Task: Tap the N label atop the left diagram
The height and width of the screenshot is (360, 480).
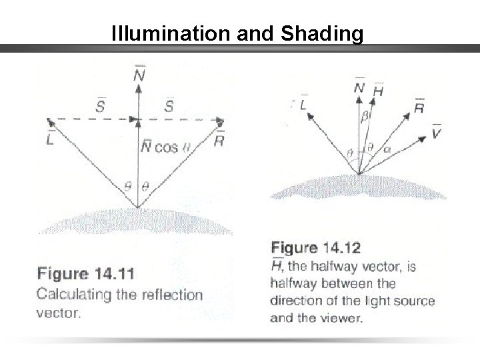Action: click(x=139, y=75)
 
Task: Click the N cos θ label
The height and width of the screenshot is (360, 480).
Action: click(x=165, y=147)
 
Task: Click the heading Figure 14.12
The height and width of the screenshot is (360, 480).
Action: click(x=315, y=249)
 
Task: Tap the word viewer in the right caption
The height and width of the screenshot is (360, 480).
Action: click(x=345, y=318)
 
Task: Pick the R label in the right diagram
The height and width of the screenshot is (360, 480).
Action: click(x=418, y=107)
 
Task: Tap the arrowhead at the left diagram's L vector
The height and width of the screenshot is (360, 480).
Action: click(x=49, y=122)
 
